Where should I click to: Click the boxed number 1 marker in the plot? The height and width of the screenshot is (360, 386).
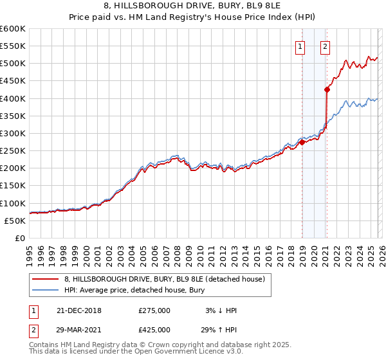pos(300,46)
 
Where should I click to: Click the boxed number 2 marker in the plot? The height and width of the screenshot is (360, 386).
pos(325,46)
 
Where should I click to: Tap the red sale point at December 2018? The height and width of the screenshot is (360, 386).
pos(302,143)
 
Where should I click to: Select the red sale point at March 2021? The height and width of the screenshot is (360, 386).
pos(327,90)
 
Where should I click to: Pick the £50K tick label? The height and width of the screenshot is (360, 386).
pos(15,221)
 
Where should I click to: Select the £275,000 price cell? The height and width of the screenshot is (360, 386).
pos(155,310)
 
